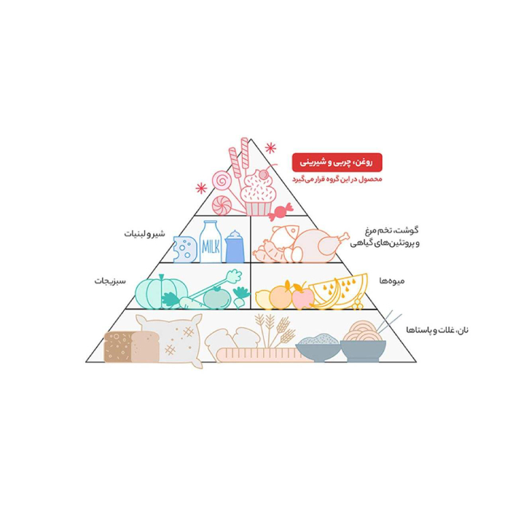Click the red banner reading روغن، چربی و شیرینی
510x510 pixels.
pos(337,162)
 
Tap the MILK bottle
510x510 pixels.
pos(210,242)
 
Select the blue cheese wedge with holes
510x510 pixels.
pos(185,249)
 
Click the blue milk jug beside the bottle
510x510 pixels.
pos(235,246)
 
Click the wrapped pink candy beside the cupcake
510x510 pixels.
pos(280,211)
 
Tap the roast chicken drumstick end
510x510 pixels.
pos(344,236)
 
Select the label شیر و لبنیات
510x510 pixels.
pos(144,234)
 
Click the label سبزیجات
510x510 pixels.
pos(110,280)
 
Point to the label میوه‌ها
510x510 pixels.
pos(392,280)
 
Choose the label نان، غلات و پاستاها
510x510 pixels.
pos(437,330)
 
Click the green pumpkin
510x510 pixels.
pos(161,292)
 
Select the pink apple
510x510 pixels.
pos(302,297)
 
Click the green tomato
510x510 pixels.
pos(217,297)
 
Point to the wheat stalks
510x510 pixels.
pos(275,330)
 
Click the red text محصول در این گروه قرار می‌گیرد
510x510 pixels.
pos(337,179)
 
